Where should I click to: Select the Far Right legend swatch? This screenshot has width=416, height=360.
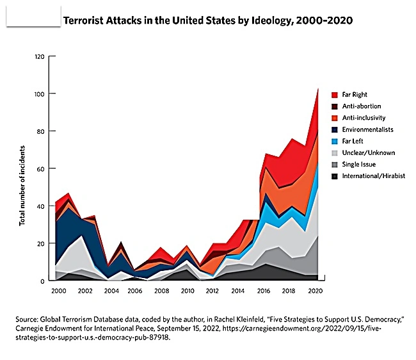point(334,94)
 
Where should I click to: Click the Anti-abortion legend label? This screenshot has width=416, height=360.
point(362,106)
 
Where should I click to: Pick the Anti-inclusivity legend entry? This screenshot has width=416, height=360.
point(364,117)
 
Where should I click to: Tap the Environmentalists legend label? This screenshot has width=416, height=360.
point(367,129)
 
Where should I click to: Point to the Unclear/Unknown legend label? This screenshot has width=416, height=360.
point(368,152)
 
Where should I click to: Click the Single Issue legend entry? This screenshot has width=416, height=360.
point(358,164)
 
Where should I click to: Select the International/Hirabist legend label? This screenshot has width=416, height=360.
point(373,176)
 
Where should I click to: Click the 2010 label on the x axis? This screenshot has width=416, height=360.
point(186,291)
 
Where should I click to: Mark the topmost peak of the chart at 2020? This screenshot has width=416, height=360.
point(318,88)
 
